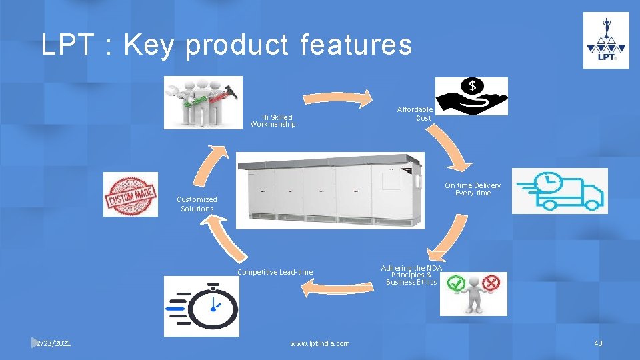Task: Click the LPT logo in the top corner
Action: [x=606, y=40]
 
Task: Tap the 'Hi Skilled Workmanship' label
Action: [x=273, y=121]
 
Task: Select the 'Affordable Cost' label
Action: [x=416, y=113]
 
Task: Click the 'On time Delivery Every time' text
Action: [x=473, y=189]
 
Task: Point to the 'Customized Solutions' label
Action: [x=197, y=204]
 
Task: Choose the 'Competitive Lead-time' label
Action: [x=275, y=272]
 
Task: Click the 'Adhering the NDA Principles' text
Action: [x=411, y=275]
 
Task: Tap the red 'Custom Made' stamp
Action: [x=131, y=194]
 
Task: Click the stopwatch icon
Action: [x=202, y=306]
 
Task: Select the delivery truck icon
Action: [x=560, y=191]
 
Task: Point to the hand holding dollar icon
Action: [x=471, y=96]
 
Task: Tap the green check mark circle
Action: [x=455, y=283]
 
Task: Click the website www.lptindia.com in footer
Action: [x=319, y=343]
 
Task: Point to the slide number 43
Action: [x=598, y=343]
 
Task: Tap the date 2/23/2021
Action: [x=54, y=343]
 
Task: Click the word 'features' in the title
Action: [x=356, y=45]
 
